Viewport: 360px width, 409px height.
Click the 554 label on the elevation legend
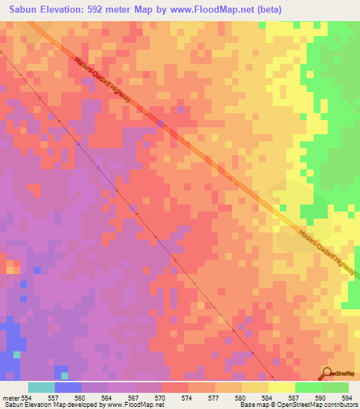[x=27, y=397]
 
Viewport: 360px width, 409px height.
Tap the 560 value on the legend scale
[x=81, y=397]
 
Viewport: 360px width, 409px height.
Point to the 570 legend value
[x=160, y=397]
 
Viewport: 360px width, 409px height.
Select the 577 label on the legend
[x=214, y=397]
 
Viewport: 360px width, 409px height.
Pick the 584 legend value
[x=267, y=397]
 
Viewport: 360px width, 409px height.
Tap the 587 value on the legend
[x=294, y=397]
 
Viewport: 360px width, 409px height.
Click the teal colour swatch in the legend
[x=41, y=387]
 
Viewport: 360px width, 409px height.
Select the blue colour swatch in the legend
[x=67, y=387]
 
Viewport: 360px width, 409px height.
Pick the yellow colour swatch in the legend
[x=281, y=387]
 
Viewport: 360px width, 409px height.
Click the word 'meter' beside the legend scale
[x=11, y=397]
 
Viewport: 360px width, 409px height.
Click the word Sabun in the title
[x=25, y=8]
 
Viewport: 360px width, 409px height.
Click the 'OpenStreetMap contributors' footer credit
[x=315, y=405]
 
